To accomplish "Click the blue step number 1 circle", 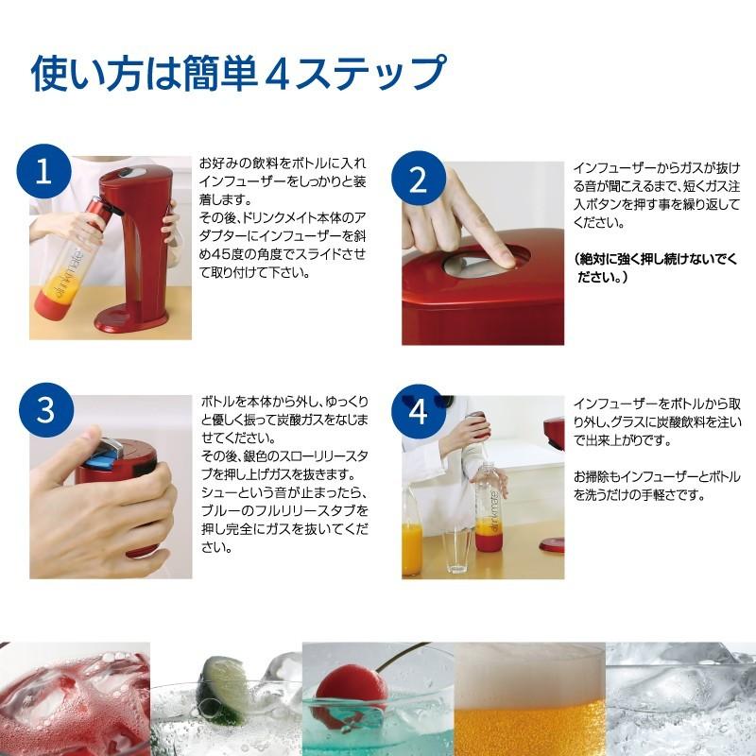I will point(43,172).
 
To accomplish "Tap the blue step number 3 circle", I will point(43,409).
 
